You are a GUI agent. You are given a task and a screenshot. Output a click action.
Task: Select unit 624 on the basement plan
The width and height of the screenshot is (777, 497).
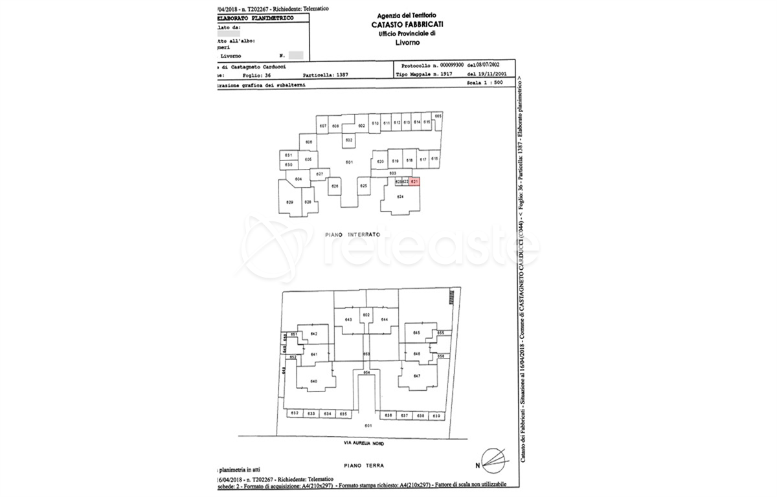pyautogui.click(x=400, y=196)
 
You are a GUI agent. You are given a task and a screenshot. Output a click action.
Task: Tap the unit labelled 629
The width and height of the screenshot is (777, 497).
pyautogui.click(x=289, y=203)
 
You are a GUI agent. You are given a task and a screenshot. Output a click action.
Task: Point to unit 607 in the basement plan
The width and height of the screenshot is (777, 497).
pyautogui.click(x=323, y=126)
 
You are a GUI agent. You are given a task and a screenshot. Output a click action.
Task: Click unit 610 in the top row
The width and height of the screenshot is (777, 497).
pyautogui.click(x=376, y=122)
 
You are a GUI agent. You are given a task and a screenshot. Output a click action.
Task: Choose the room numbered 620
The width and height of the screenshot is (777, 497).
pyautogui.click(x=380, y=161)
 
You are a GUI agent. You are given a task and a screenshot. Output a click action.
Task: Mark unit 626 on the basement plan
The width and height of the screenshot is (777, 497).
pyautogui.click(x=335, y=186)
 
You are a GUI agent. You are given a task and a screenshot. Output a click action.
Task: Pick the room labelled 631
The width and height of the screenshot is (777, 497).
pyautogui.click(x=289, y=155)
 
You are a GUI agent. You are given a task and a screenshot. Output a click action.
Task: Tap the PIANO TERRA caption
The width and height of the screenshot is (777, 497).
pyautogui.click(x=365, y=465)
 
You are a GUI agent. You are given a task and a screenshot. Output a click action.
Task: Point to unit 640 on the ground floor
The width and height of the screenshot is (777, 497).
pyautogui.click(x=314, y=381)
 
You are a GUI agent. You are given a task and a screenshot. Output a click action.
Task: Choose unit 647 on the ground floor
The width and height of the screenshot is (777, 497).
pyautogui.click(x=417, y=376)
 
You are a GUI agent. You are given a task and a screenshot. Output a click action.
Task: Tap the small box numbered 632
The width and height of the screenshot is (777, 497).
pyautogui.click(x=295, y=413)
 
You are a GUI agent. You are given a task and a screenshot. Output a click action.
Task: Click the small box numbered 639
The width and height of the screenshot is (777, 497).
pyautogui.click(x=436, y=415)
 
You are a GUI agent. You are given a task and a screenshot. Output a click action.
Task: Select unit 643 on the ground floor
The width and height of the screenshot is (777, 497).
pyautogui.click(x=348, y=320)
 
